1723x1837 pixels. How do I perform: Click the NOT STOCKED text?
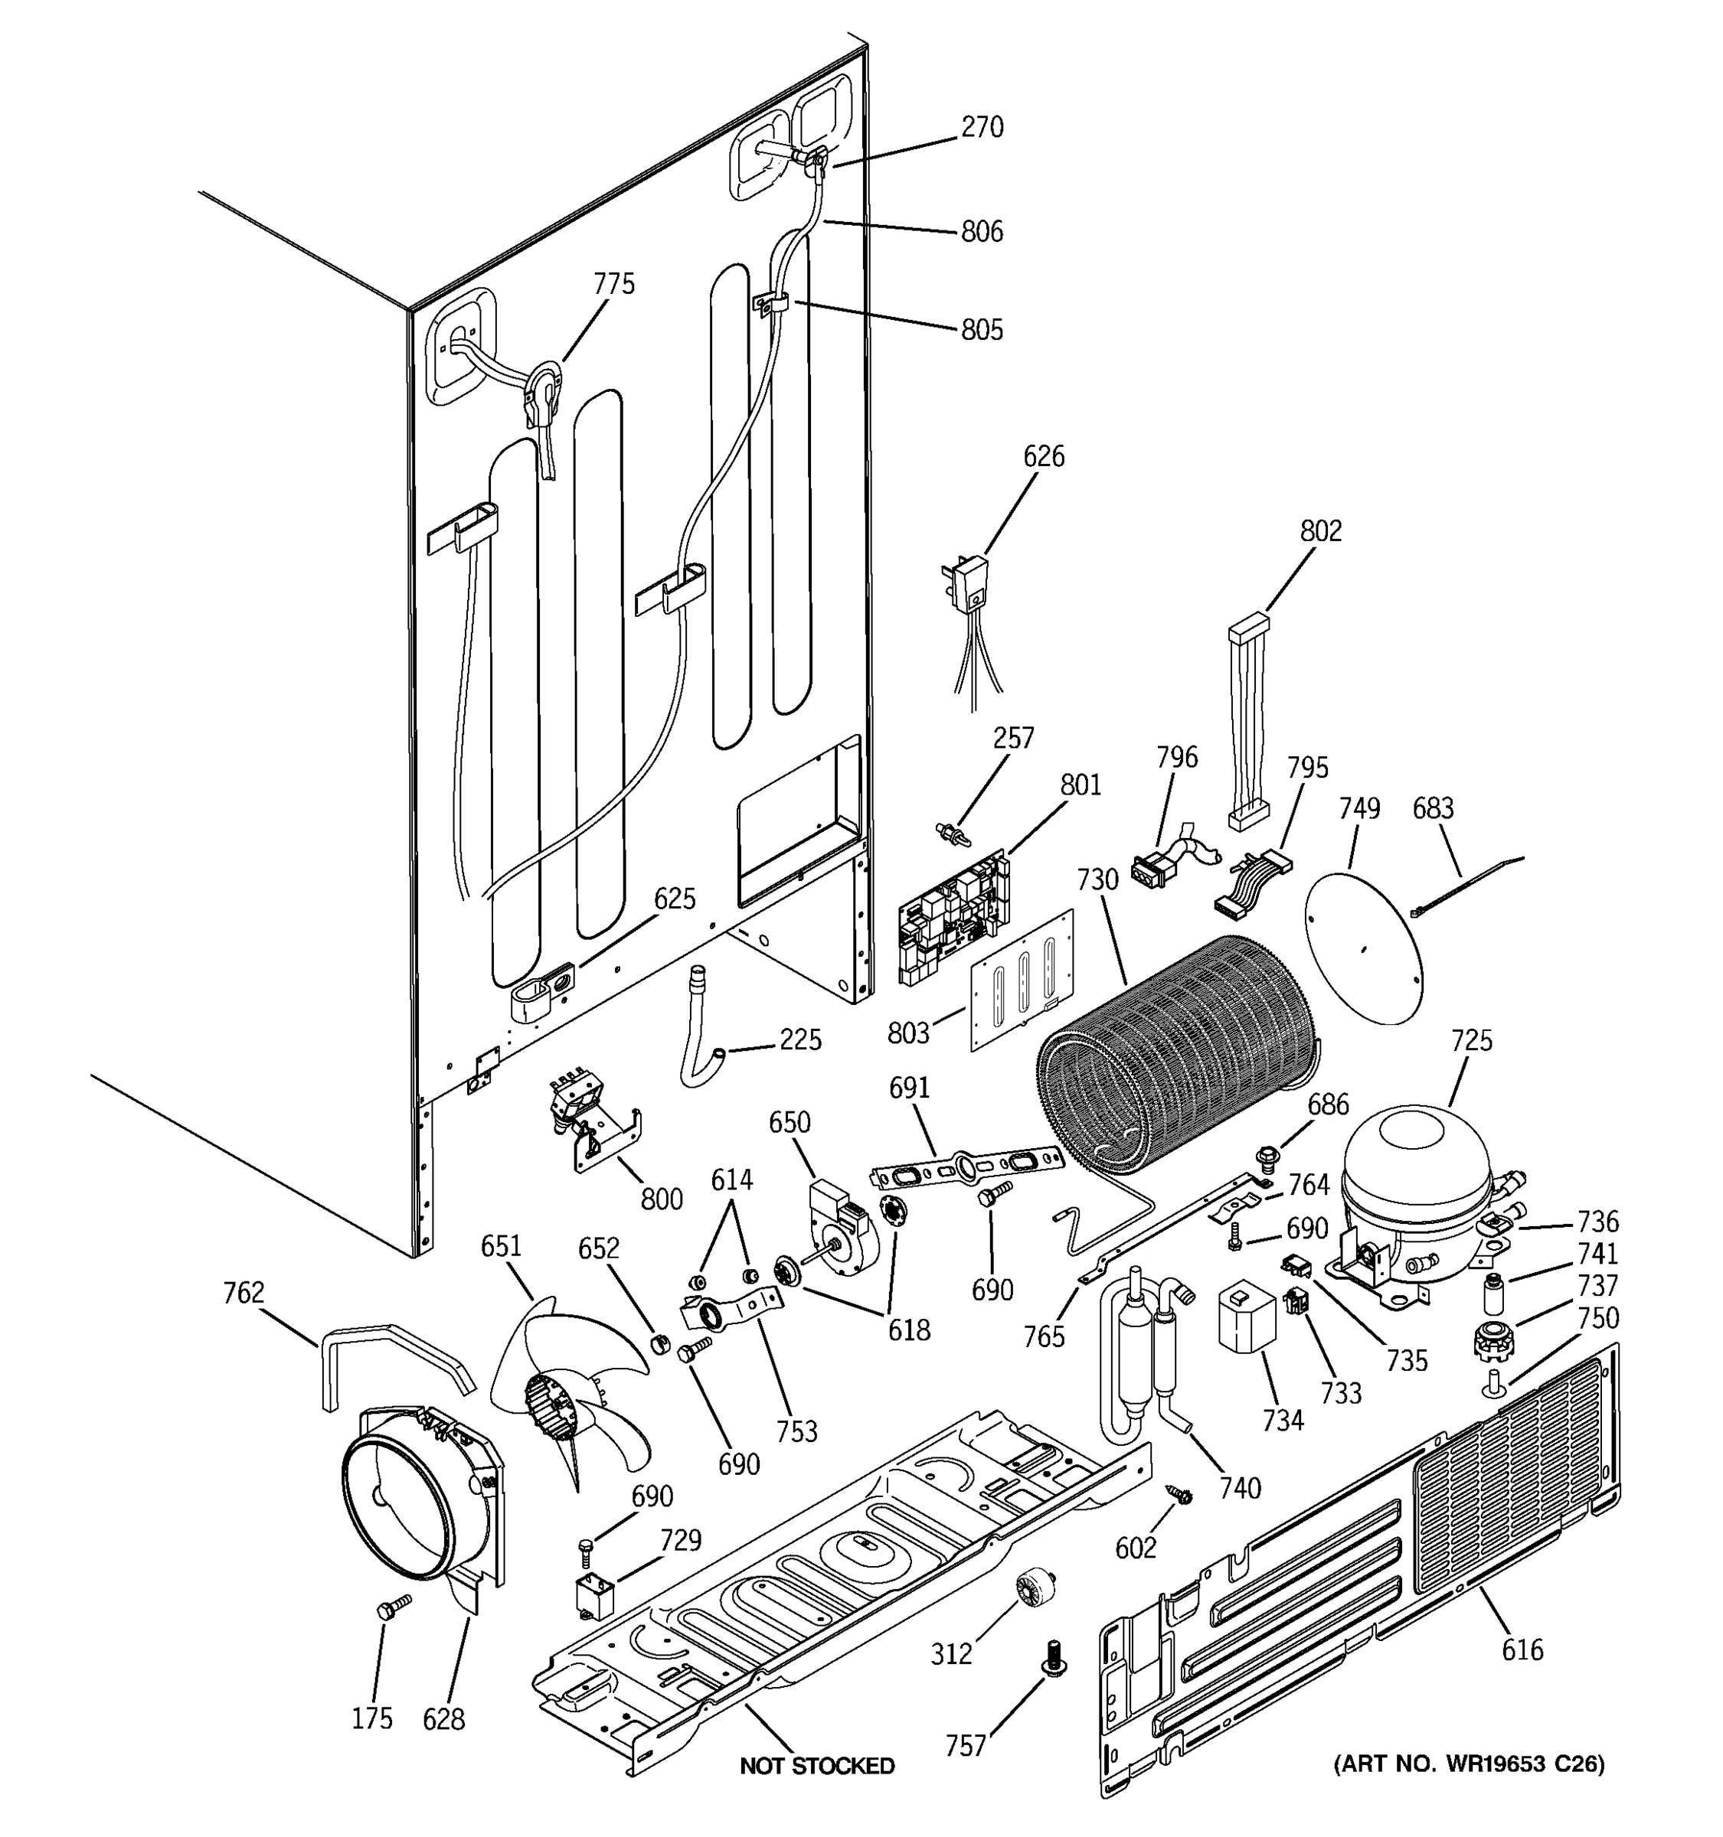coord(817,1766)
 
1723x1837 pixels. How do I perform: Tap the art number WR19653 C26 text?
coord(1469,1764)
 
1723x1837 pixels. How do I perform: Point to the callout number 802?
coord(1320,530)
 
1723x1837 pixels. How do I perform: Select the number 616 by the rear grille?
coord(1522,1649)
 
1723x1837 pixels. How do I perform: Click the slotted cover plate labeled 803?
coord(1022,980)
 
